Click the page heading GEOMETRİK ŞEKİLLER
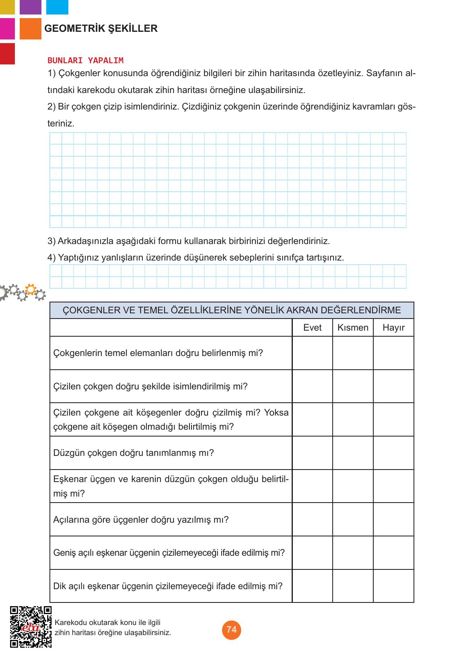(101, 29)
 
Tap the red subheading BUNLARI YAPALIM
(85, 61)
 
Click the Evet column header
(312, 328)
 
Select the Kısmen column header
(353, 328)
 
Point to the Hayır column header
(393, 328)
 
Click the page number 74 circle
(231, 630)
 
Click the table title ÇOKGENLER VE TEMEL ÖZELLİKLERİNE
(232, 310)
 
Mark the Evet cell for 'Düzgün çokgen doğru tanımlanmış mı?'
(312, 453)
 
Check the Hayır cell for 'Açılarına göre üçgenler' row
(393, 519)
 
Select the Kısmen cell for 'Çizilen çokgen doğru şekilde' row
(353, 387)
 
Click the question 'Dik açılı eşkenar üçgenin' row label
(168, 586)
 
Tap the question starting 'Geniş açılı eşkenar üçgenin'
(169, 553)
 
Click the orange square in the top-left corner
(30, 29)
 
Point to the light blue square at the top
(57, 7)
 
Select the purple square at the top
(30, 7)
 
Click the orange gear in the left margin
(31, 289)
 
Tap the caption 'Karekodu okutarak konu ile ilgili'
(108, 623)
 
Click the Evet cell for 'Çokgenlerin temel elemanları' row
(312, 353)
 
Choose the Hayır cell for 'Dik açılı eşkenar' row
(393, 586)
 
